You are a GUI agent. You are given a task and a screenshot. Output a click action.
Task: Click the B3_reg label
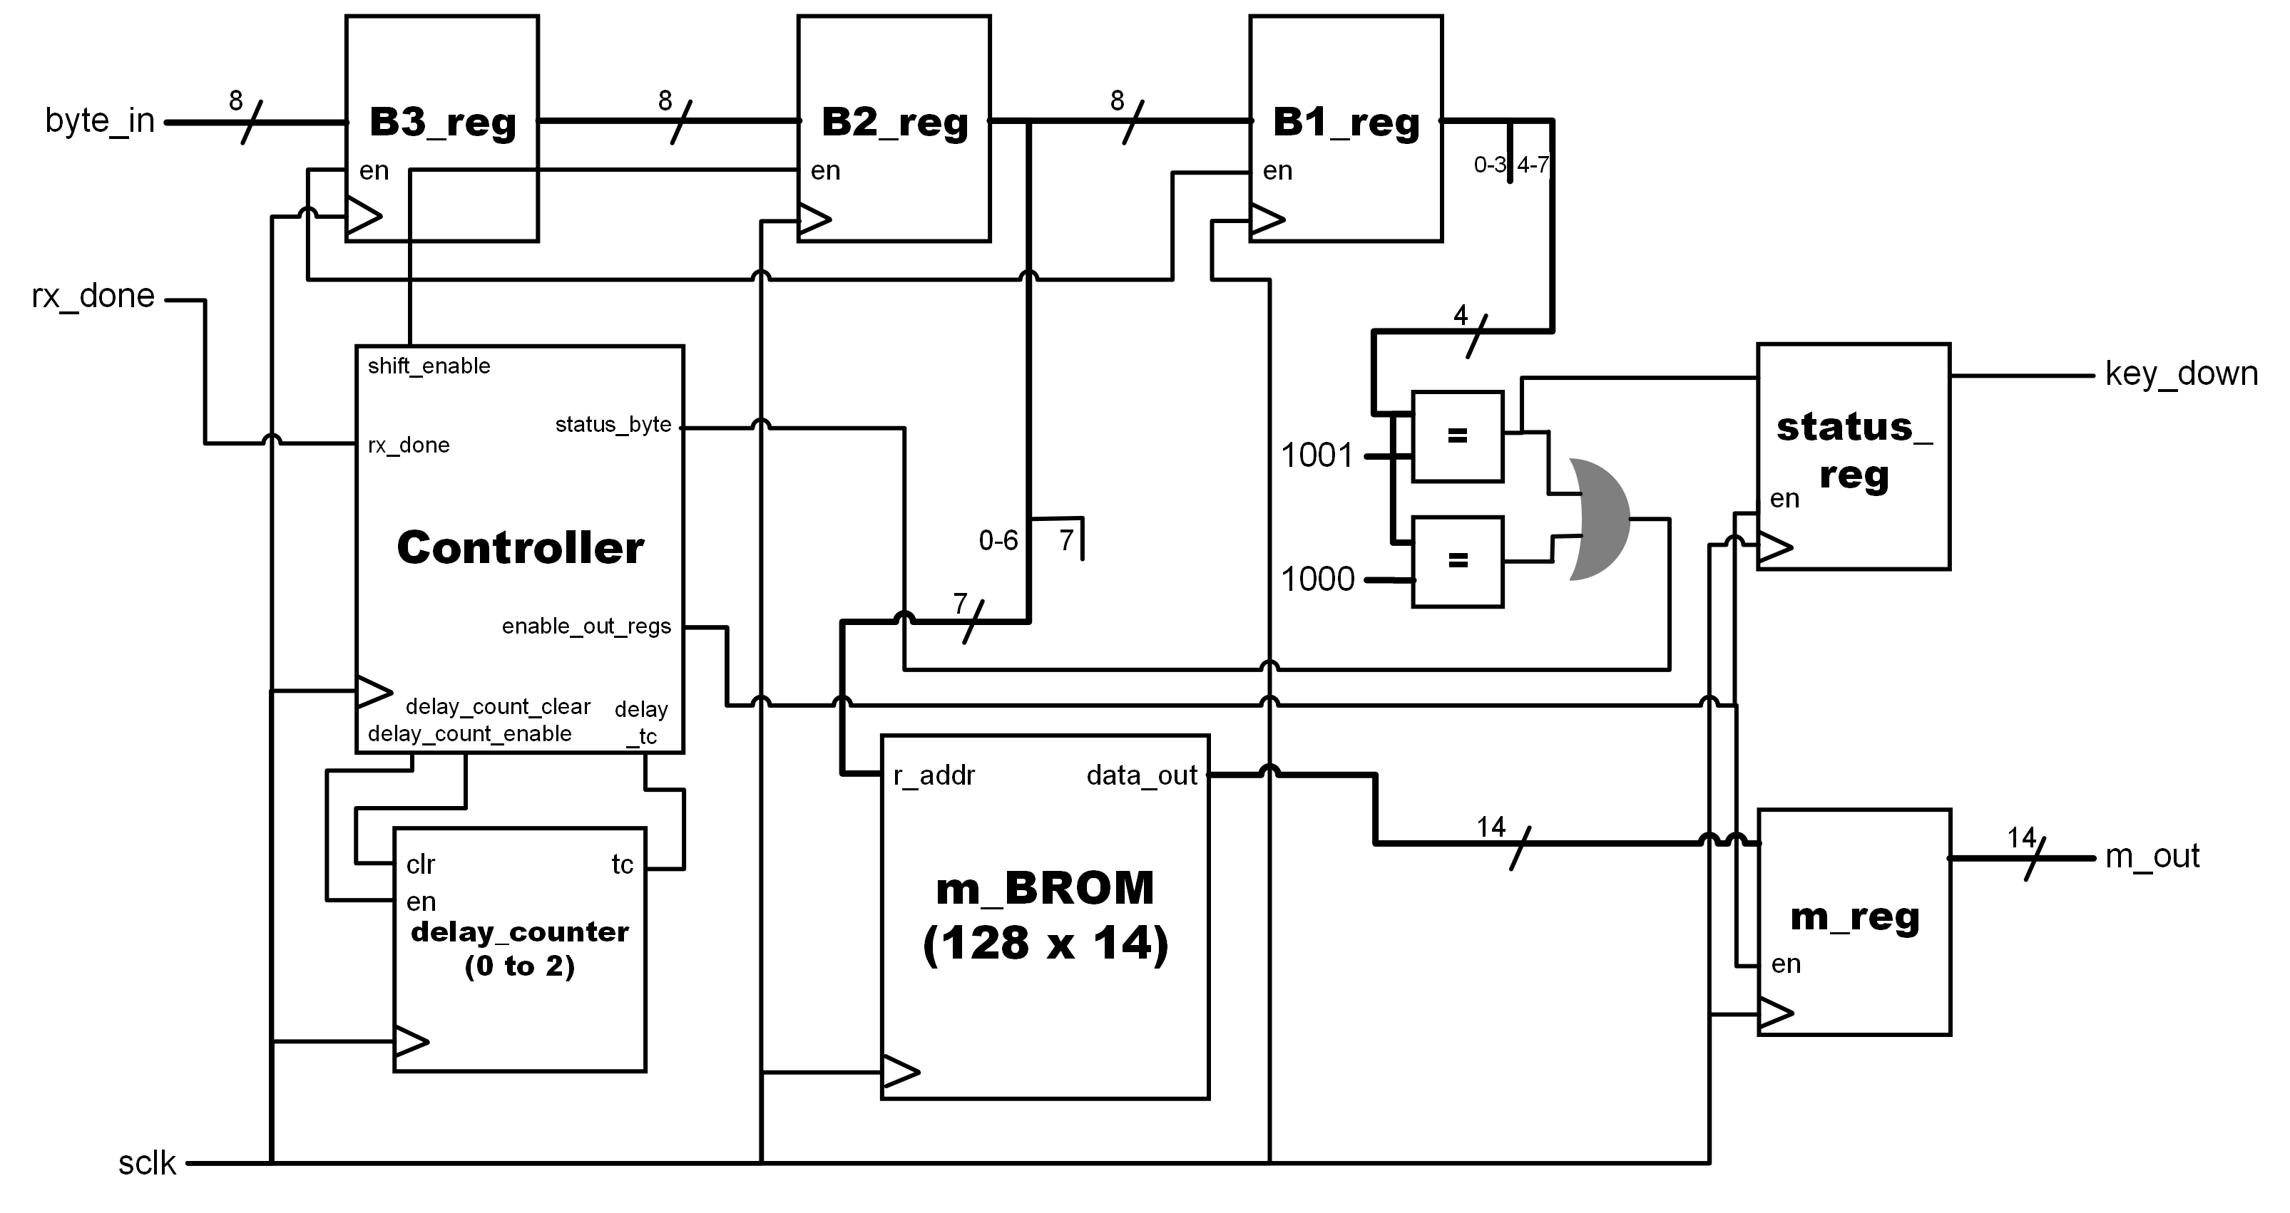point(442,123)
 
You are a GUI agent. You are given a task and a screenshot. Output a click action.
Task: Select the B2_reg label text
point(894,123)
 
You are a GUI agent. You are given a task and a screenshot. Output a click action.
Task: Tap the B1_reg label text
point(1345,123)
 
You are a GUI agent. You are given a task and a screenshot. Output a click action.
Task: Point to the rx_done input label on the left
point(93,296)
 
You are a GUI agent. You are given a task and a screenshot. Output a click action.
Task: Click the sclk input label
point(147,1163)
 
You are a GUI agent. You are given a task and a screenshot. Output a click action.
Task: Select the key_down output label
point(2181,373)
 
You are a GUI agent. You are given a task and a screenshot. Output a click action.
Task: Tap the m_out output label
point(2152,856)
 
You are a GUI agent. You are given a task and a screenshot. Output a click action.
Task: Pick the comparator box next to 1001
point(1457,436)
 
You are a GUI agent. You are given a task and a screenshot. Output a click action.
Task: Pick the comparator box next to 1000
point(1457,562)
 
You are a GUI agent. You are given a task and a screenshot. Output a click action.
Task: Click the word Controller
point(520,547)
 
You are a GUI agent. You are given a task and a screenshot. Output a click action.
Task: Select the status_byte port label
point(613,425)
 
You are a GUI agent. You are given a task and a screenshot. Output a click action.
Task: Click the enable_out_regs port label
point(586,626)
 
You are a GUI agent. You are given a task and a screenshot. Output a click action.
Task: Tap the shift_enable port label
point(429,366)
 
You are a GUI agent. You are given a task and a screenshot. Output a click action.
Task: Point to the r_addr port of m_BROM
point(934,776)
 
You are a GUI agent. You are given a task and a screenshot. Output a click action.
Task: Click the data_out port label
point(1142,776)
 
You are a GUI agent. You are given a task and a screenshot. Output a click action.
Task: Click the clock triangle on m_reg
point(1775,1012)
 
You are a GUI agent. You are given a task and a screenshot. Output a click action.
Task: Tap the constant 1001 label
point(1316,456)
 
